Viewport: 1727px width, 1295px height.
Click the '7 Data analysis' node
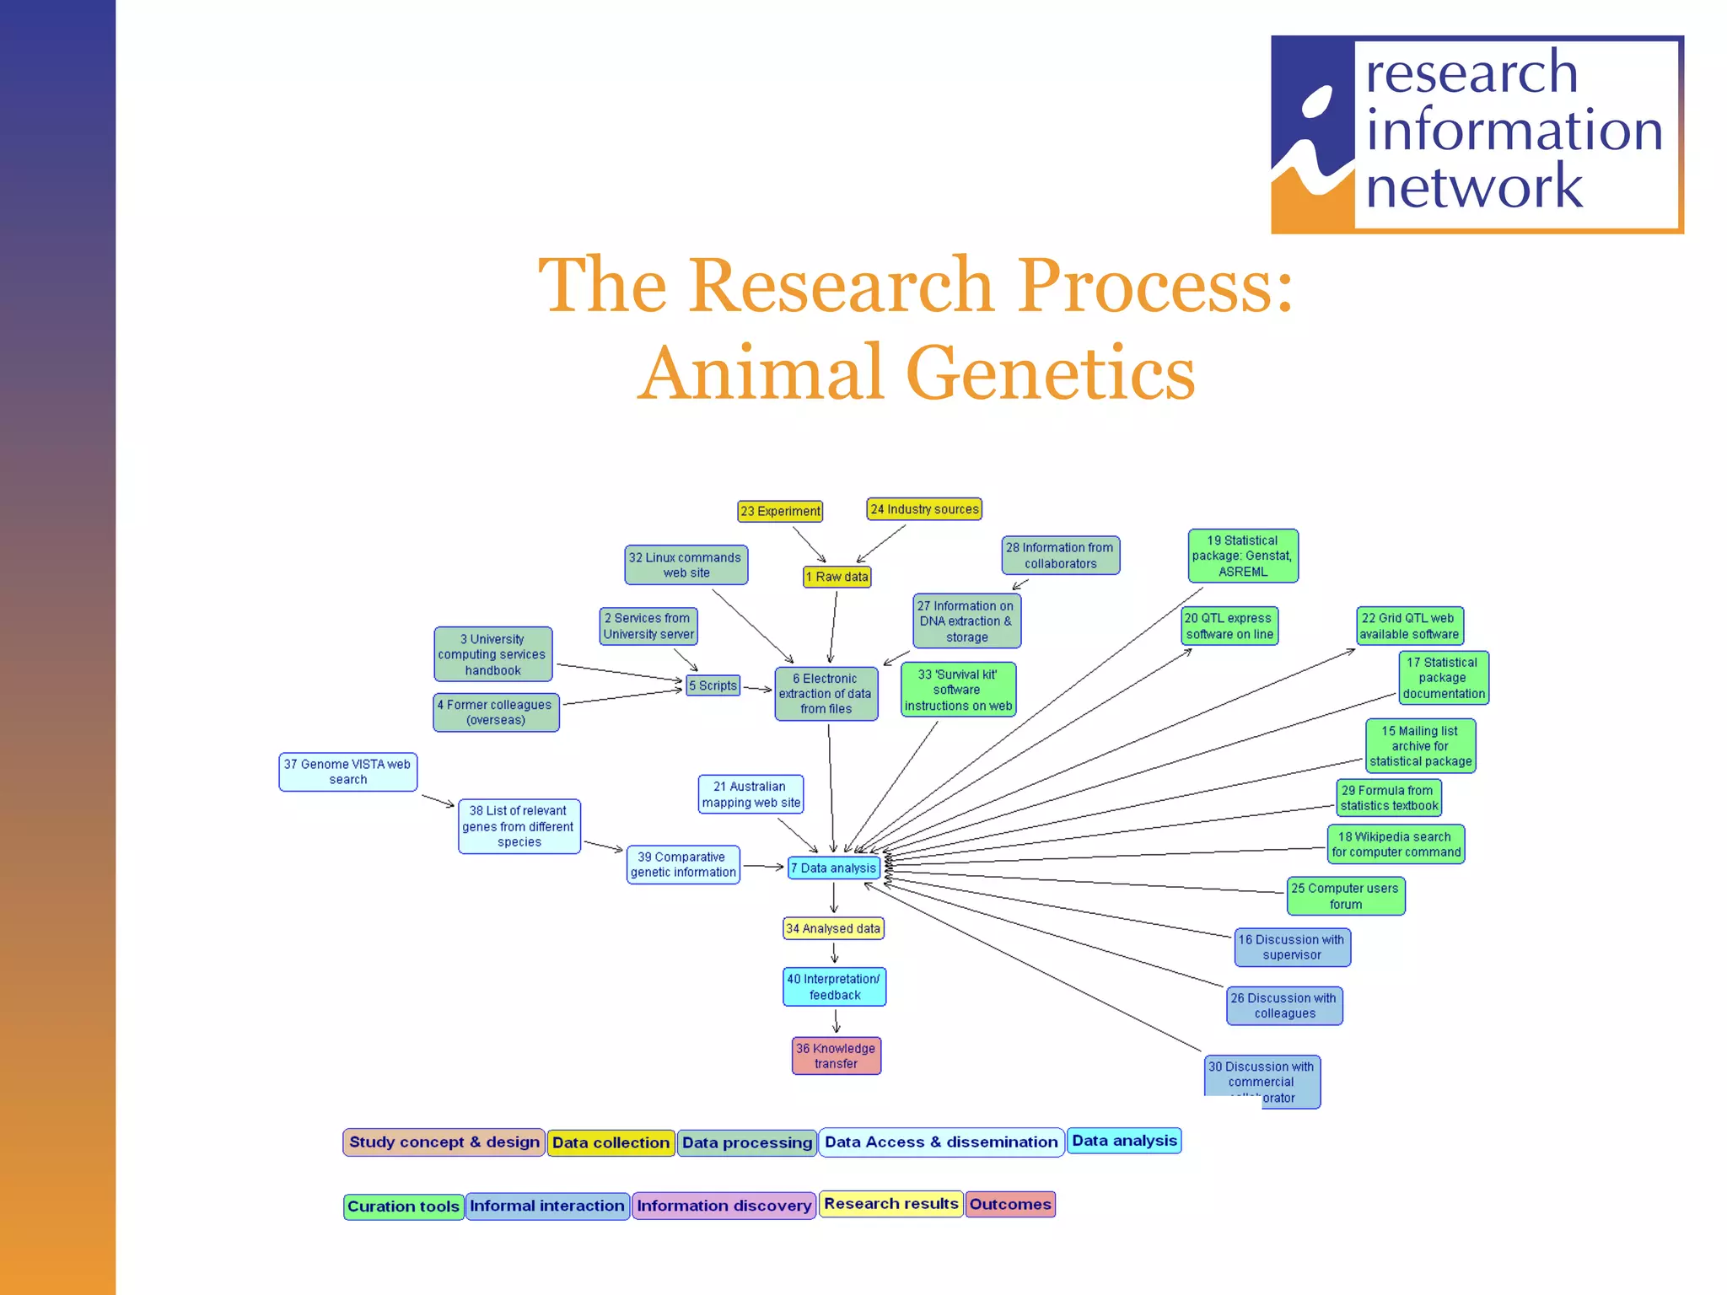[x=833, y=868]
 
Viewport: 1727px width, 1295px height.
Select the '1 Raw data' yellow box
[x=837, y=577]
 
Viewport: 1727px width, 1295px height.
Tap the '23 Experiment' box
[x=780, y=511]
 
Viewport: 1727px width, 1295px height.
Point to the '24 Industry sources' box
[x=924, y=509]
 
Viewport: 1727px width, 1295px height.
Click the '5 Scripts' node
[x=713, y=685]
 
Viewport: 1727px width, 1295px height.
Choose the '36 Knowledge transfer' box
[x=836, y=1056]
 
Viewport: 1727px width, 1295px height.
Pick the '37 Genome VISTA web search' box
[x=347, y=771]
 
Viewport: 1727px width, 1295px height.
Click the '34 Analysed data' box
[x=833, y=928]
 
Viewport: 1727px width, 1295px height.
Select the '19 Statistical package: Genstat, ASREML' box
[x=1242, y=556]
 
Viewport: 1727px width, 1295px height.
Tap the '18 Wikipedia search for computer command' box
[x=1396, y=844]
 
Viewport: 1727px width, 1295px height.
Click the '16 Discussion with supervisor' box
[x=1292, y=947]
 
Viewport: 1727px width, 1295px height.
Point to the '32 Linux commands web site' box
[x=686, y=565]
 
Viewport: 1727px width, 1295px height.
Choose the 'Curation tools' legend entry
[x=403, y=1206]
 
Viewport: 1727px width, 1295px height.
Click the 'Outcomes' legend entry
[x=1010, y=1204]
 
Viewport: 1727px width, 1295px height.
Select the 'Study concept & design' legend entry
[x=444, y=1142]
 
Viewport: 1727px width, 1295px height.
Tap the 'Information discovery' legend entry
[x=724, y=1206]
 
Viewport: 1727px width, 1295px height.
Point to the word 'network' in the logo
[x=1473, y=186]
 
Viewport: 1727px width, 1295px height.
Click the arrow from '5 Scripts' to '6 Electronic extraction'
[x=757, y=689]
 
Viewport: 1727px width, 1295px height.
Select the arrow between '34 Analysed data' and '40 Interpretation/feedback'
[x=835, y=953]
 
